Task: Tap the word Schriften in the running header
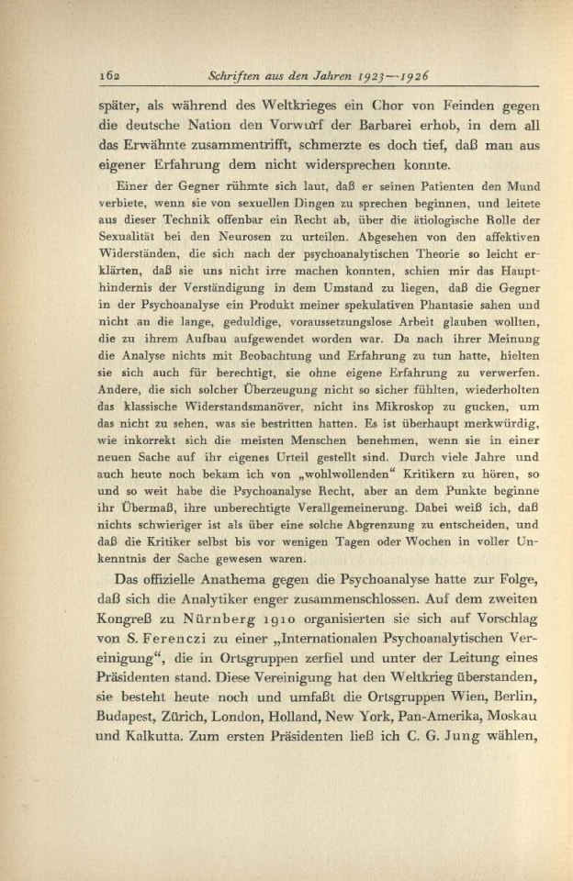click(239, 74)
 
